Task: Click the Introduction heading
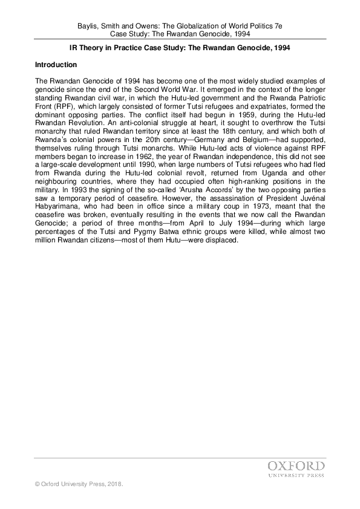tap(56, 64)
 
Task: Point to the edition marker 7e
tap(278, 27)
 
